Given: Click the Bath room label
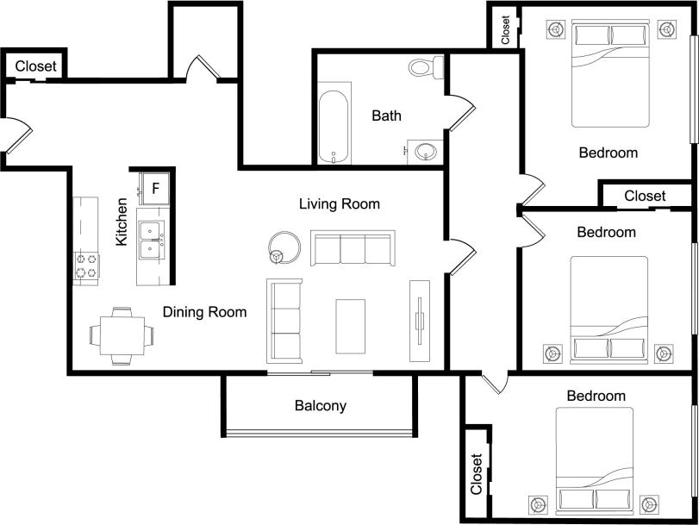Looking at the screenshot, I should (386, 116).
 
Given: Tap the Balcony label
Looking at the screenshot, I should (320, 405).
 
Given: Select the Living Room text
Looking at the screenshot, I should (339, 204).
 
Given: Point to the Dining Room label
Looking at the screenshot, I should (204, 312).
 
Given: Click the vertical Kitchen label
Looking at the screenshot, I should (122, 222).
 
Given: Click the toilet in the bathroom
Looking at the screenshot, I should (425, 66).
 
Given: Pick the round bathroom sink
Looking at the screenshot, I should (425, 152).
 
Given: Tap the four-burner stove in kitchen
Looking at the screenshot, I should (86, 266).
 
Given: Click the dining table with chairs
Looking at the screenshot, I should (122, 335).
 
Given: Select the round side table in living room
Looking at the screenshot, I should (283, 247).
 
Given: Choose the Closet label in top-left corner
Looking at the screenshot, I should (35, 66).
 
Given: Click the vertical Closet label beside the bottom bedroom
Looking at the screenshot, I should (477, 474).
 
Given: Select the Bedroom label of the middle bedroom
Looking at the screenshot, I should (606, 232).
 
